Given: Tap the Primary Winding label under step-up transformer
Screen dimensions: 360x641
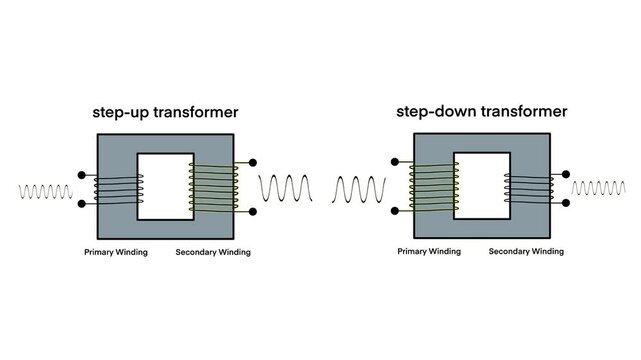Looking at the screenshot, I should (116, 252).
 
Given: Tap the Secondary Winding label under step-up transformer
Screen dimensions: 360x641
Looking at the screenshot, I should (213, 252).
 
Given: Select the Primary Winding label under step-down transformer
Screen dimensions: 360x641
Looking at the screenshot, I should (430, 252).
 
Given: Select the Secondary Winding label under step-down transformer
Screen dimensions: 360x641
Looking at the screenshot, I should (527, 252).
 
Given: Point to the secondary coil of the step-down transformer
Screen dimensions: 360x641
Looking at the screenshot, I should (529, 188).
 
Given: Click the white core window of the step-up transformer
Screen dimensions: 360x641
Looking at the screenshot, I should (164, 186).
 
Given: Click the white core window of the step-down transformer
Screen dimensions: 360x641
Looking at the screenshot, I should (482, 186).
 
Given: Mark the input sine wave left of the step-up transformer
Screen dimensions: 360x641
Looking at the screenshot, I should (46, 189).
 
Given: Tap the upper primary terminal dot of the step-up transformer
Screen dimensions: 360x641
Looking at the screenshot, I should (81, 170).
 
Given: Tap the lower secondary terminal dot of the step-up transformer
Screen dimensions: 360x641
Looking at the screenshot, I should (251, 211).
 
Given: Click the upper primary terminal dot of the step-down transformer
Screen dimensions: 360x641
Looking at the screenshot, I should (396, 161).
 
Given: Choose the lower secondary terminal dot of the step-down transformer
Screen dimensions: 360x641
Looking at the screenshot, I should (566, 203).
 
